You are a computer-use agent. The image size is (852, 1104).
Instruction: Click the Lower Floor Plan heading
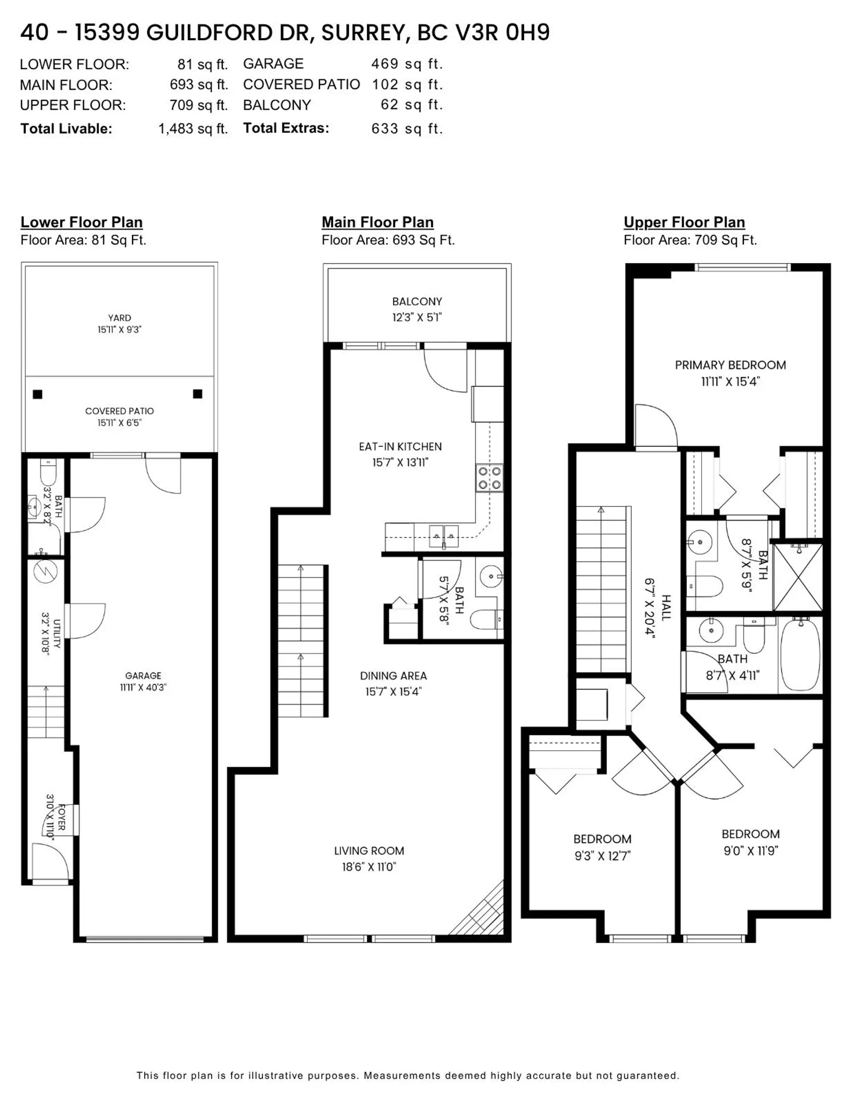coord(81,223)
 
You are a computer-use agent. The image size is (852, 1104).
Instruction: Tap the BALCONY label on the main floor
coord(417,302)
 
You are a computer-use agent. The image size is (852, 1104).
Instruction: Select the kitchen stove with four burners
coord(489,478)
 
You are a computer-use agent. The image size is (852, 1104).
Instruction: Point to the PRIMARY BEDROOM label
coord(730,365)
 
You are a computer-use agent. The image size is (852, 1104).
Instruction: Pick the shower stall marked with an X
coord(797,577)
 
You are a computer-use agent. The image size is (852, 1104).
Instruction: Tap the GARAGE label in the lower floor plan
coord(143,675)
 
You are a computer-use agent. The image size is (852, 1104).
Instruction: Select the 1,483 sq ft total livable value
coord(193,129)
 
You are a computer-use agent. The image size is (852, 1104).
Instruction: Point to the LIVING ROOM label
coord(369,851)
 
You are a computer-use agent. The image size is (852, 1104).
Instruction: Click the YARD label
coord(119,318)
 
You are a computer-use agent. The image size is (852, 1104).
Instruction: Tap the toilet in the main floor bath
coord(486,619)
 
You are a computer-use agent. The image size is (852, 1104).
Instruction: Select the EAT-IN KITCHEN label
coord(400,446)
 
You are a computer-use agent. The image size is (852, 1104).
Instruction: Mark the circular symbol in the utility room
coord(45,572)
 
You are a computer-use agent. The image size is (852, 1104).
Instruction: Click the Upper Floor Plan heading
coord(684,223)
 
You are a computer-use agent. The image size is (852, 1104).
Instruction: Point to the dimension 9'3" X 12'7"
coord(602,856)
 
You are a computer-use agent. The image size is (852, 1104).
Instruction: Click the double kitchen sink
coord(444,536)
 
